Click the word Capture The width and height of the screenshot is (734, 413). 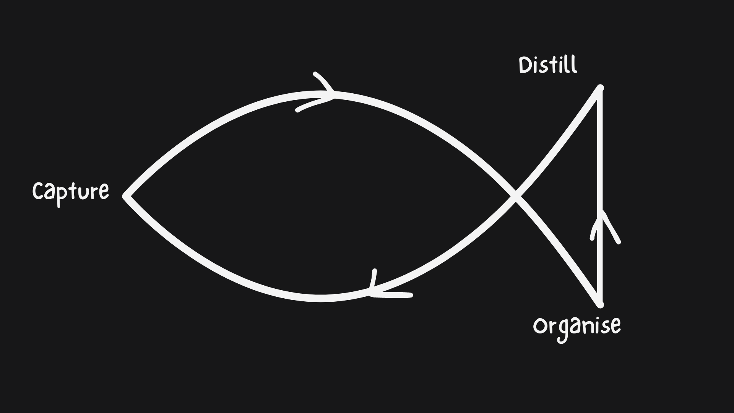click(71, 191)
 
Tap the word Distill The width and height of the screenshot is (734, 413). click(548, 65)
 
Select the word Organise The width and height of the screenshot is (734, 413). click(577, 326)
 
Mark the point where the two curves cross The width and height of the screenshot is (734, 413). click(516, 197)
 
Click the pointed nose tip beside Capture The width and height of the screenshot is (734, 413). click(126, 196)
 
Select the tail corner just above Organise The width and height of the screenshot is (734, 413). click(600, 304)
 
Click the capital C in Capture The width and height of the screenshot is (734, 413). click(39, 190)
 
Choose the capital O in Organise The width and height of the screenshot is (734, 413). click(541, 326)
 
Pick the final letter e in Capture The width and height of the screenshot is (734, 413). click(103, 192)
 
